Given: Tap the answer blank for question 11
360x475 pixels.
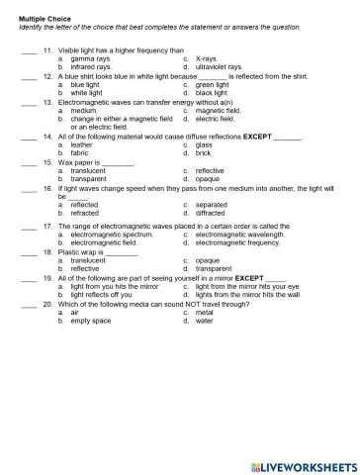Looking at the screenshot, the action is point(27,49).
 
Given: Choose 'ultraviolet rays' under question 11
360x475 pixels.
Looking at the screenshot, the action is point(219,66).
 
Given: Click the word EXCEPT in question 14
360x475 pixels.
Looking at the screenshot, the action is point(255,138).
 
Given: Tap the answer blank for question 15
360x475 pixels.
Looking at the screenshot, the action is point(27,162).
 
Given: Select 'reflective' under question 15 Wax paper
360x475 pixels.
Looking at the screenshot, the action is point(209,170).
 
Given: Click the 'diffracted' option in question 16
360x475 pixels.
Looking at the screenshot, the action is point(212,212).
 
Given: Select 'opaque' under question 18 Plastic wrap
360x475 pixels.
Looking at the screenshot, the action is point(208,260).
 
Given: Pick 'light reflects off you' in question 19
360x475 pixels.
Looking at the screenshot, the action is point(102,295).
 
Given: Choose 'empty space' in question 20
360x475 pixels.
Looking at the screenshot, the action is point(91,321).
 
